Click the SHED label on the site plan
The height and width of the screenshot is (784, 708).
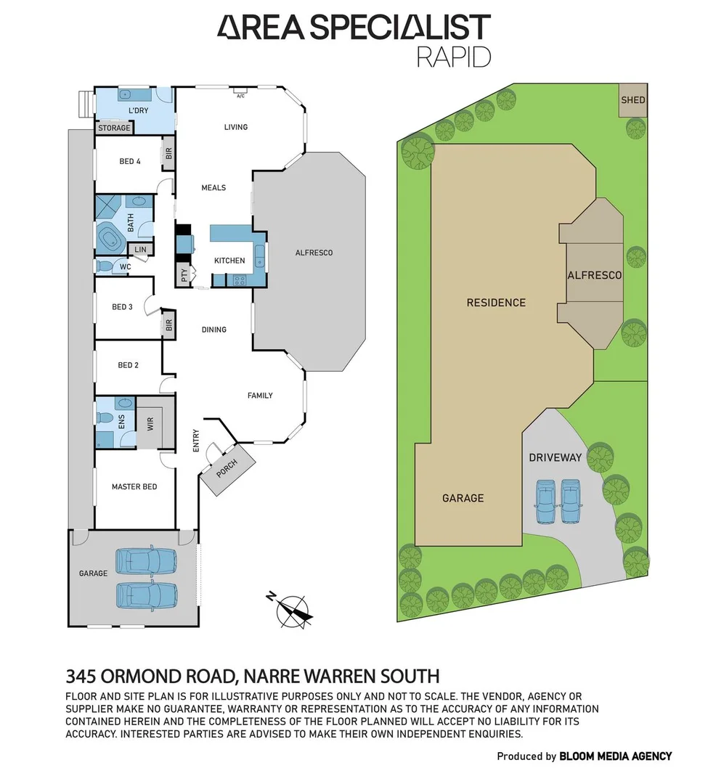click(632, 100)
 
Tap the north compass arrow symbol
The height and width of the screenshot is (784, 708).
click(293, 609)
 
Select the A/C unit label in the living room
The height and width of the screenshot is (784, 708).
click(241, 94)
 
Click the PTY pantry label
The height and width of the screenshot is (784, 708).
click(184, 275)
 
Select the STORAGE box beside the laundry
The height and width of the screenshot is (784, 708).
click(115, 128)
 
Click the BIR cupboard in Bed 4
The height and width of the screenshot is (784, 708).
click(168, 154)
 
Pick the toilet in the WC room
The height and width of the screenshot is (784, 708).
click(103, 266)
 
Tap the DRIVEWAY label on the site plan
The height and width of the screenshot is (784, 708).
click(555, 457)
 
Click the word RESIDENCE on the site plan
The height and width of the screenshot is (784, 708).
click(496, 302)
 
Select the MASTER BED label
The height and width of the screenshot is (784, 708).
click(134, 486)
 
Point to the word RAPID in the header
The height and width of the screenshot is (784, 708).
click(453, 57)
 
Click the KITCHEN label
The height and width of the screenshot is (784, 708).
click(229, 261)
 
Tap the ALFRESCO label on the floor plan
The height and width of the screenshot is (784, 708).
click(314, 253)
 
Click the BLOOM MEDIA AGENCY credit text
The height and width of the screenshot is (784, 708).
click(615, 756)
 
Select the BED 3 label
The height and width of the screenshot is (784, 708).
click(122, 306)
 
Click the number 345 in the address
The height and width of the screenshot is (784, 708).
click(81, 677)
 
